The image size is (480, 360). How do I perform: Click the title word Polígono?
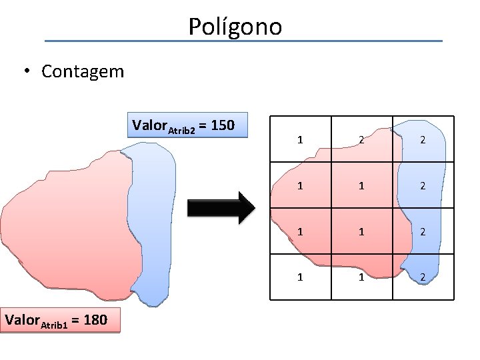pos(235,27)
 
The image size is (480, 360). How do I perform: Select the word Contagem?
pos(83,71)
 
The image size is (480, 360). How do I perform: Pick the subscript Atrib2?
pos(181,130)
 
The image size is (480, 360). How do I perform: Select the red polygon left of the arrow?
pos(67,227)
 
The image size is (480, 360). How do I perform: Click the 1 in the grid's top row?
pos(301,140)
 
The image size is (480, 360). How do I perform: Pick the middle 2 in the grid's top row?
pos(361,140)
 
